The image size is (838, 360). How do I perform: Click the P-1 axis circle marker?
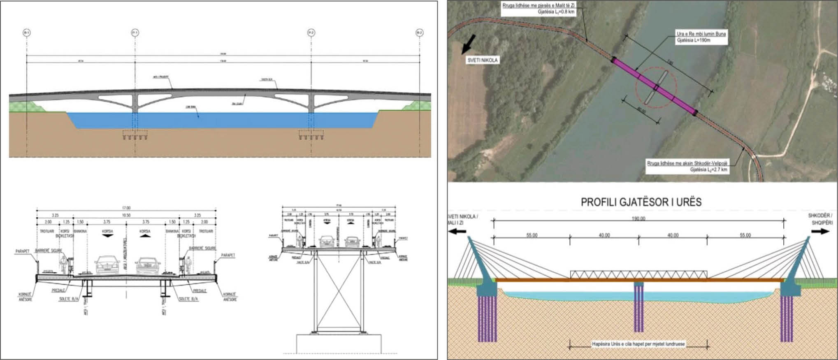(x=135, y=33)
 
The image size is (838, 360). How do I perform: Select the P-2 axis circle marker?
(x=311, y=33)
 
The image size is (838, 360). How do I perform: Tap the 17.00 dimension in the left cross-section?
(x=126, y=208)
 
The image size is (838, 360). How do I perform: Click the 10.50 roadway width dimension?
(x=126, y=215)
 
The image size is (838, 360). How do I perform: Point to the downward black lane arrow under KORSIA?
(x=107, y=236)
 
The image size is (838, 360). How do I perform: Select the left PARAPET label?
(x=23, y=251)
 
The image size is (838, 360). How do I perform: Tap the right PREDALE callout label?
(x=199, y=290)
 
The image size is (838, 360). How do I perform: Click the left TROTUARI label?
(x=47, y=231)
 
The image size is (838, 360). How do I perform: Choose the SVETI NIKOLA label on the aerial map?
(x=483, y=60)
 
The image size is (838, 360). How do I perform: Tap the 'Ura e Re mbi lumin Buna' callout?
(x=701, y=37)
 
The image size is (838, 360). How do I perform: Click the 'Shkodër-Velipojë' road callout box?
(x=687, y=166)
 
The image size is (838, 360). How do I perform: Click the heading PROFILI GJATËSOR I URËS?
(x=641, y=202)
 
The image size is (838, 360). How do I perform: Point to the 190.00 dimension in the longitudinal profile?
(x=638, y=218)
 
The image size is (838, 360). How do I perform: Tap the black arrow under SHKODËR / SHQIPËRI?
(x=820, y=231)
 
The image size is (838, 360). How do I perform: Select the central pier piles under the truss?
(x=638, y=309)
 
